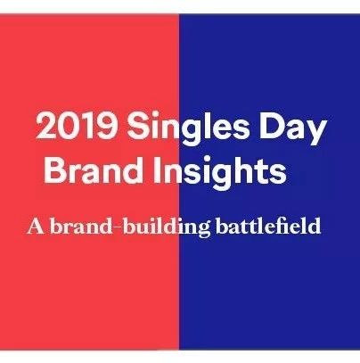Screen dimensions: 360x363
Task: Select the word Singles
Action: (x=188, y=128)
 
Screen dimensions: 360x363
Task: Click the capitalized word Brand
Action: (x=94, y=169)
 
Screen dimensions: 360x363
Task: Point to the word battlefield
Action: (x=268, y=226)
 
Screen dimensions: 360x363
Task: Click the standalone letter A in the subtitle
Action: (x=36, y=227)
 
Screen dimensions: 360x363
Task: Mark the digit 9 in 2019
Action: (x=105, y=125)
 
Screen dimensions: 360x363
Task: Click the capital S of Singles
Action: (x=137, y=125)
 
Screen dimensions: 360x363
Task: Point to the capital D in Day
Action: (x=272, y=125)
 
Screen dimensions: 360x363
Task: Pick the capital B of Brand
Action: (x=56, y=169)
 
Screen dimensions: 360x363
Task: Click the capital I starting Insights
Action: (x=158, y=169)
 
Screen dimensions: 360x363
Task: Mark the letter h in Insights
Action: (x=249, y=169)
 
